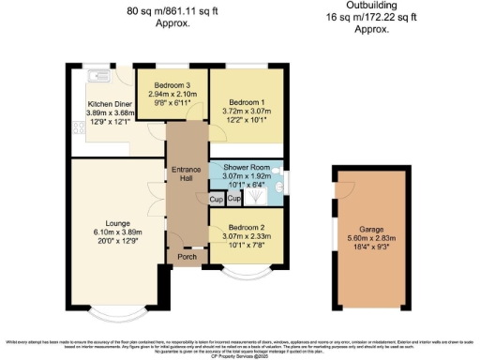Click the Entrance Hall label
187,173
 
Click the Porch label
187,257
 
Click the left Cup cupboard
216,200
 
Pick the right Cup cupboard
234,200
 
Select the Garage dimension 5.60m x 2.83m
372,236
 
